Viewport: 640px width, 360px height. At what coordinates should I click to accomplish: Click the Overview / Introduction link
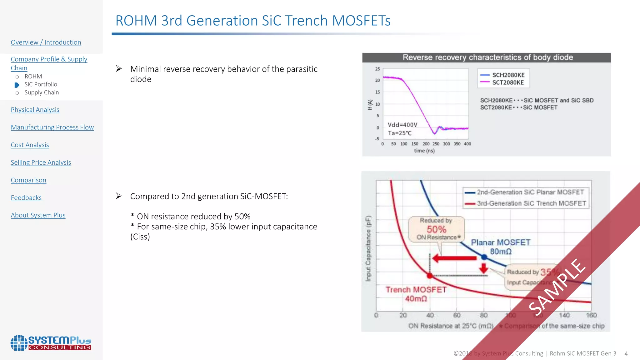(46, 42)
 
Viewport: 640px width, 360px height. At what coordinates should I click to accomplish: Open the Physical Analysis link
(35, 110)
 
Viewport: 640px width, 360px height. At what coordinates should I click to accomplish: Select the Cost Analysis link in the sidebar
(30, 145)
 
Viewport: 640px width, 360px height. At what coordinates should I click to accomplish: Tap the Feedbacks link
(26, 198)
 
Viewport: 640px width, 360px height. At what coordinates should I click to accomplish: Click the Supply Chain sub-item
(42, 92)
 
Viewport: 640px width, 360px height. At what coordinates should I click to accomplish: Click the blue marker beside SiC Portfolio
(17, 85)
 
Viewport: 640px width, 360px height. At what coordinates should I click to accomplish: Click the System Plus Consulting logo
(51, 343)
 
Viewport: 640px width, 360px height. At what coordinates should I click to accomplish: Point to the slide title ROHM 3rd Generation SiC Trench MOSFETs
(253, 21)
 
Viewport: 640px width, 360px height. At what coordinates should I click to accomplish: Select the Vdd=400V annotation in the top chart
(402, 125)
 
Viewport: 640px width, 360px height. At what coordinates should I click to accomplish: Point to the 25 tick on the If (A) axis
(377, 69)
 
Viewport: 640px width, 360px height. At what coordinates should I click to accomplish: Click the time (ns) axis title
(424, 151)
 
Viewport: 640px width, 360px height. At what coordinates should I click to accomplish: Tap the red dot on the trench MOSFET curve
(430, 275)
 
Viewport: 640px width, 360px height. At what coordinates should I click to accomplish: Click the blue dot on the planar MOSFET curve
(484, 257)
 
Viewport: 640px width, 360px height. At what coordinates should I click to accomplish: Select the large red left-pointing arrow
(455, 258)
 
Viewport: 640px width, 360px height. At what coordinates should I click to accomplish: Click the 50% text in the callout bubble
(436, 229)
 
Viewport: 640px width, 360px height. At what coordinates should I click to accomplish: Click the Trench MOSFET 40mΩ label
(416, 294)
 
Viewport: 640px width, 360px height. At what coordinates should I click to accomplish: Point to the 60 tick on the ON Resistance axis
(457, 315)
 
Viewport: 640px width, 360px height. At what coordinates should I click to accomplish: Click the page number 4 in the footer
(626, 354)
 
